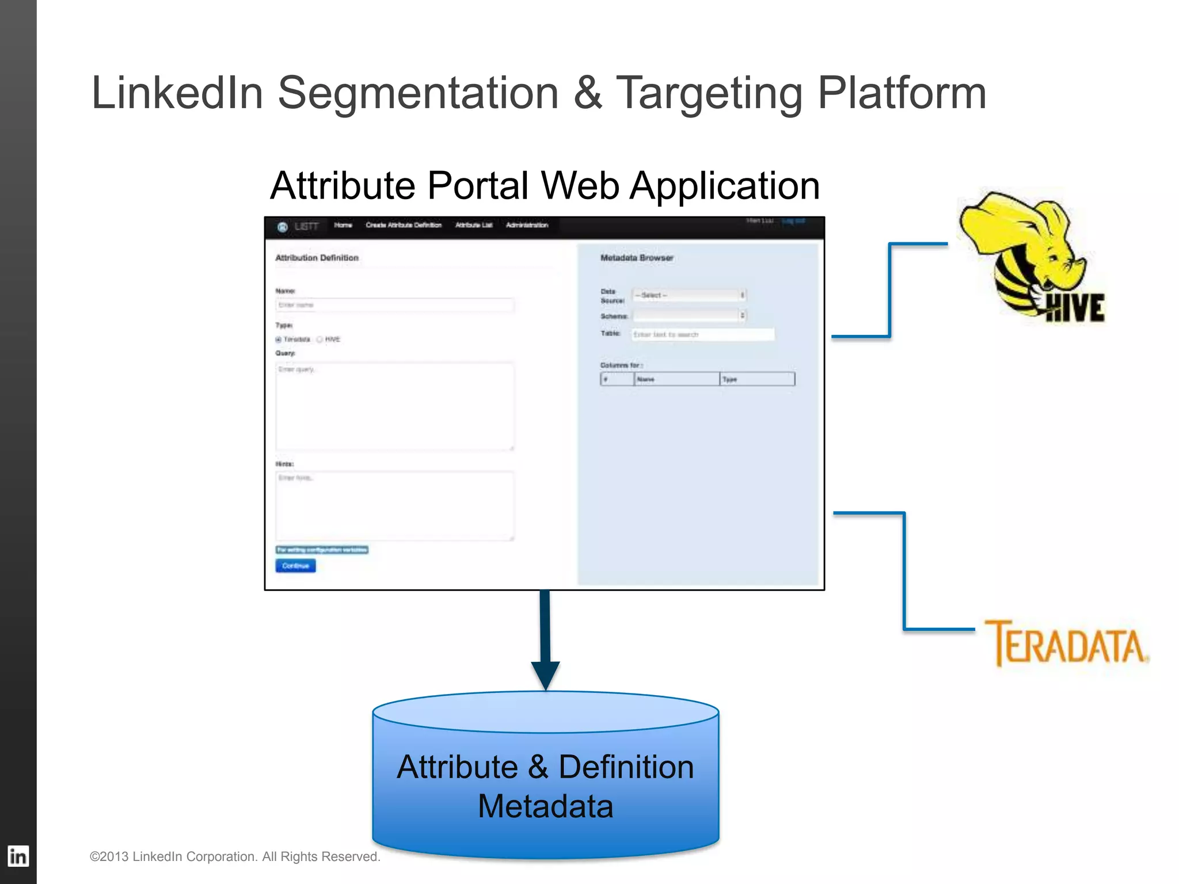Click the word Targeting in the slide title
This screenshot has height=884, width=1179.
[709, 93]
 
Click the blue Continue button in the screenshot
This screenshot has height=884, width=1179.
[295, 566]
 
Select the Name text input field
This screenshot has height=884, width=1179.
[394, 305]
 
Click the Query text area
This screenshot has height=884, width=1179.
[394, 406]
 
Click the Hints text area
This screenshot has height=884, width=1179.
[394, 506]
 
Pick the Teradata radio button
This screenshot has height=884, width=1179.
[279, 340]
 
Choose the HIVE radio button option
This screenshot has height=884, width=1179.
[320, 340]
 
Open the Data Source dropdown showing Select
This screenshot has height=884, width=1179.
[689, 295]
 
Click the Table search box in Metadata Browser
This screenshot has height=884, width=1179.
[702, 334]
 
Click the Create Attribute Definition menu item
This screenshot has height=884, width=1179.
[404, 225]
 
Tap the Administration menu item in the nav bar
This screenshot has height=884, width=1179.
[527, 225]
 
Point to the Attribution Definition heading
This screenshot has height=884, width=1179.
[317, 258]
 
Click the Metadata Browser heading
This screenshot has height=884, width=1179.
[637, 258]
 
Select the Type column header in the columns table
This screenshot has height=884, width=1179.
[756, 379]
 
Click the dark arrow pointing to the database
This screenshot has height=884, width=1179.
[545, 639]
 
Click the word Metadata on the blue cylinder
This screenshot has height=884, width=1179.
[545, 806]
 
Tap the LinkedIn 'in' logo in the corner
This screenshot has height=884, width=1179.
[18, 856]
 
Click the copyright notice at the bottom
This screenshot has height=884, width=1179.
[235, 856]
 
